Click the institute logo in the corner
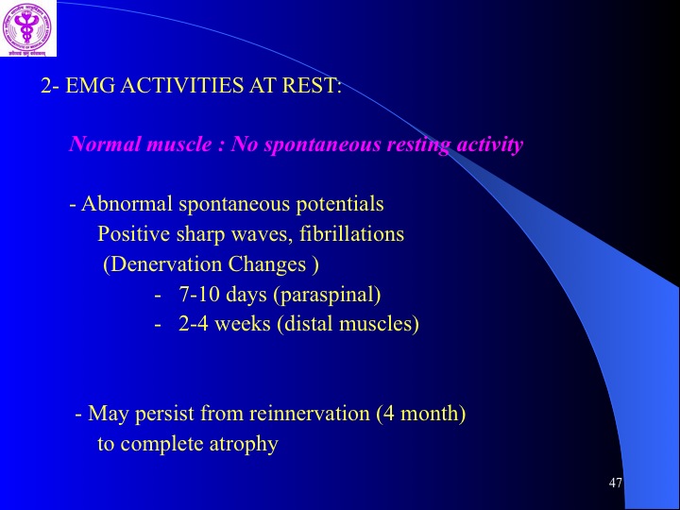27,27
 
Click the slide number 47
616,483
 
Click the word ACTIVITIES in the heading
181,85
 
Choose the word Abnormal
127,203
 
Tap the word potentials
340,204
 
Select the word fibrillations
351,234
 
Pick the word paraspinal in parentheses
327,296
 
